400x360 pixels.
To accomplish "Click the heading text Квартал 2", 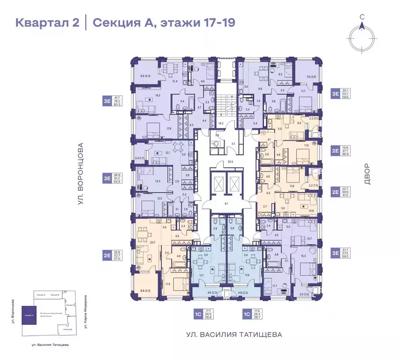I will pos(47,22).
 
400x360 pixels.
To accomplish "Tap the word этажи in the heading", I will pos(175,22).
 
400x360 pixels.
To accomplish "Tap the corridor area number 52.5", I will pos(217,162).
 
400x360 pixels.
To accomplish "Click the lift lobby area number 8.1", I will pos(226,204).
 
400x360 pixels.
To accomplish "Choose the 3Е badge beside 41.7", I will pos(107,99).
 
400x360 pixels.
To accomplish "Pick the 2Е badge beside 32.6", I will pos(107,256).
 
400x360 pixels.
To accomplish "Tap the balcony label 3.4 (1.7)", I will pos(140,152).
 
